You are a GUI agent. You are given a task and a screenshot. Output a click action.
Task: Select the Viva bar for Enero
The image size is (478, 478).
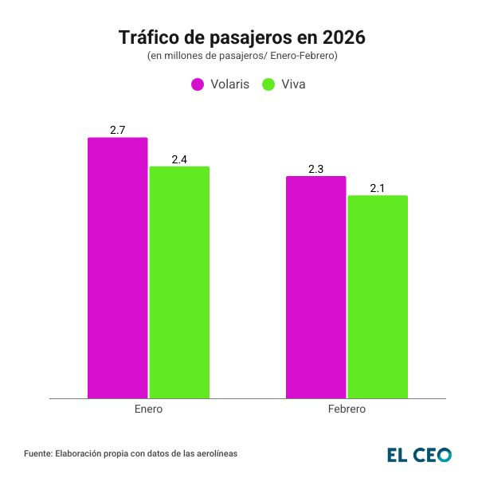(179, 282)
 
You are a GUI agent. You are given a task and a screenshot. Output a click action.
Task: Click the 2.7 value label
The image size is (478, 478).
(117, 129)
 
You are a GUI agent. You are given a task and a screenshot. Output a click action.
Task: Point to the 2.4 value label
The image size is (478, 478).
(179, 159)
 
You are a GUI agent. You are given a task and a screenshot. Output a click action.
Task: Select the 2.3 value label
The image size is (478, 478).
(315, 168)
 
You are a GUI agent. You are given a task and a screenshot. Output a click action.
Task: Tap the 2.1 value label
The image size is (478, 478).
(378, 188)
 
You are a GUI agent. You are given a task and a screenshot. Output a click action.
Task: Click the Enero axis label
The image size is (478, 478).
(148, 409)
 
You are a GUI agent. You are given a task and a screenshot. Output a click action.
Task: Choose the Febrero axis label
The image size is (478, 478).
(347, 409)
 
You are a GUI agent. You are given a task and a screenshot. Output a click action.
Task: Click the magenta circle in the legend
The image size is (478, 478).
(198, 84)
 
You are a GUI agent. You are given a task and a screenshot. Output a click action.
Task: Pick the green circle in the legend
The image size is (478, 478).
(268, 84)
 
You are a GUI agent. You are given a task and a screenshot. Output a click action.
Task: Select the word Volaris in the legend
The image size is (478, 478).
(230, 84)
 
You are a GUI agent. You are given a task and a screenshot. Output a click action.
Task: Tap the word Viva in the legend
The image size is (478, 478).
(294, 84)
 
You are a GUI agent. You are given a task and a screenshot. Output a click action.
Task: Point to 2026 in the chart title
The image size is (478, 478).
(338, 37)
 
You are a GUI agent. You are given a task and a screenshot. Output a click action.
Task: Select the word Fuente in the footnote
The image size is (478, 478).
(37, 453)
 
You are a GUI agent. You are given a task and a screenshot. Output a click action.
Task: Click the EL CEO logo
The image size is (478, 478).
(419, 454)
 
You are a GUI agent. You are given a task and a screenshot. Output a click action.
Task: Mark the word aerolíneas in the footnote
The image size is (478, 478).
(215, 453)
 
